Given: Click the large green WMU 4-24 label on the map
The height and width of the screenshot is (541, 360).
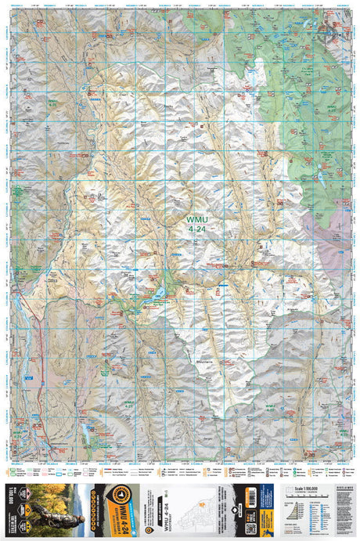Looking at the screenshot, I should pos(199,225).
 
